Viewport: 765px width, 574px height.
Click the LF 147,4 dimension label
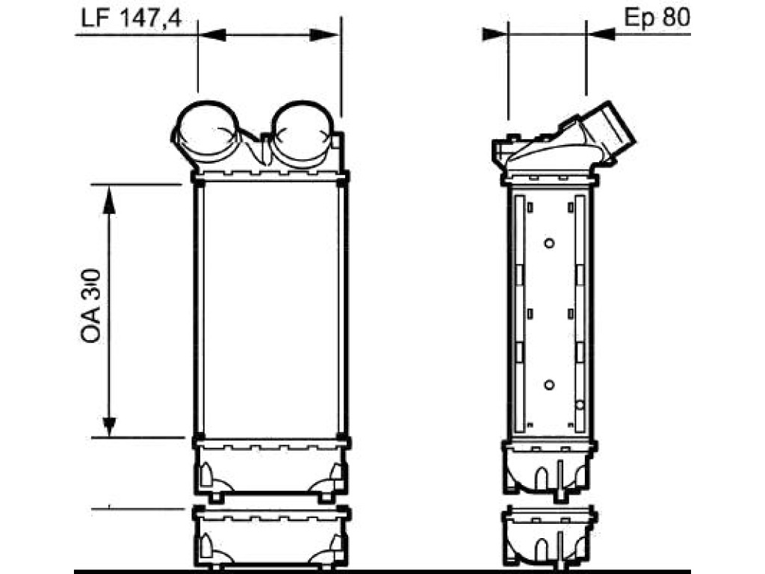pyautogui.click(x=131, y=18)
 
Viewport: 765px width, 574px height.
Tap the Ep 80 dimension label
pyautogui.click(x=657, y=18)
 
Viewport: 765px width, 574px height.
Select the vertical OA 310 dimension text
pyautogui.click(x=91, y=306)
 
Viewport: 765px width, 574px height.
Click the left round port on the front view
pyautogui.click(x=208, y=132)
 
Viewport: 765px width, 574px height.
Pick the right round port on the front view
pyautogui.click(x=303, y=132)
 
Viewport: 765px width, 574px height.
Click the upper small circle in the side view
pyautogui.click(x=549, y=243)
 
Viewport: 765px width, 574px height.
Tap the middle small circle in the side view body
pyautogui.click(x=549, y=385)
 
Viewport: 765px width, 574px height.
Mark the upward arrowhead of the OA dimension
pyautogui.click(x=109, y=200)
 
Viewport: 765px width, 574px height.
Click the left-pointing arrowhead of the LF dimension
pyautogui.click(x=213, y=34)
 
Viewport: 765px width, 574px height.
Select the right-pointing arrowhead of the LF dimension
pyautogui.click(x=324, y=34)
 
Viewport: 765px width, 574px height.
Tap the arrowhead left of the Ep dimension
pyautogui.click(x=495, y=34)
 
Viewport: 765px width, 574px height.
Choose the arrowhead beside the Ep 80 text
pyautogui.click(x=601, y=34)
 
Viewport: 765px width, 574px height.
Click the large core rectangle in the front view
pyautogui.click(x=270, y=310)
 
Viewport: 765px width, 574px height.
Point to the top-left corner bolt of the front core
pyautogui.click(x=199, y=184)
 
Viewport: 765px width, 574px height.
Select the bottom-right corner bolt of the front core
pyautogui.click(x=342, y=436)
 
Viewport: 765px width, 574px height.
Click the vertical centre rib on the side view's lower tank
pyautogui.click(x=560, y=481)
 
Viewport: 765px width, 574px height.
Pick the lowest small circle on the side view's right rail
pyautogui.click(x=580, y=404)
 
